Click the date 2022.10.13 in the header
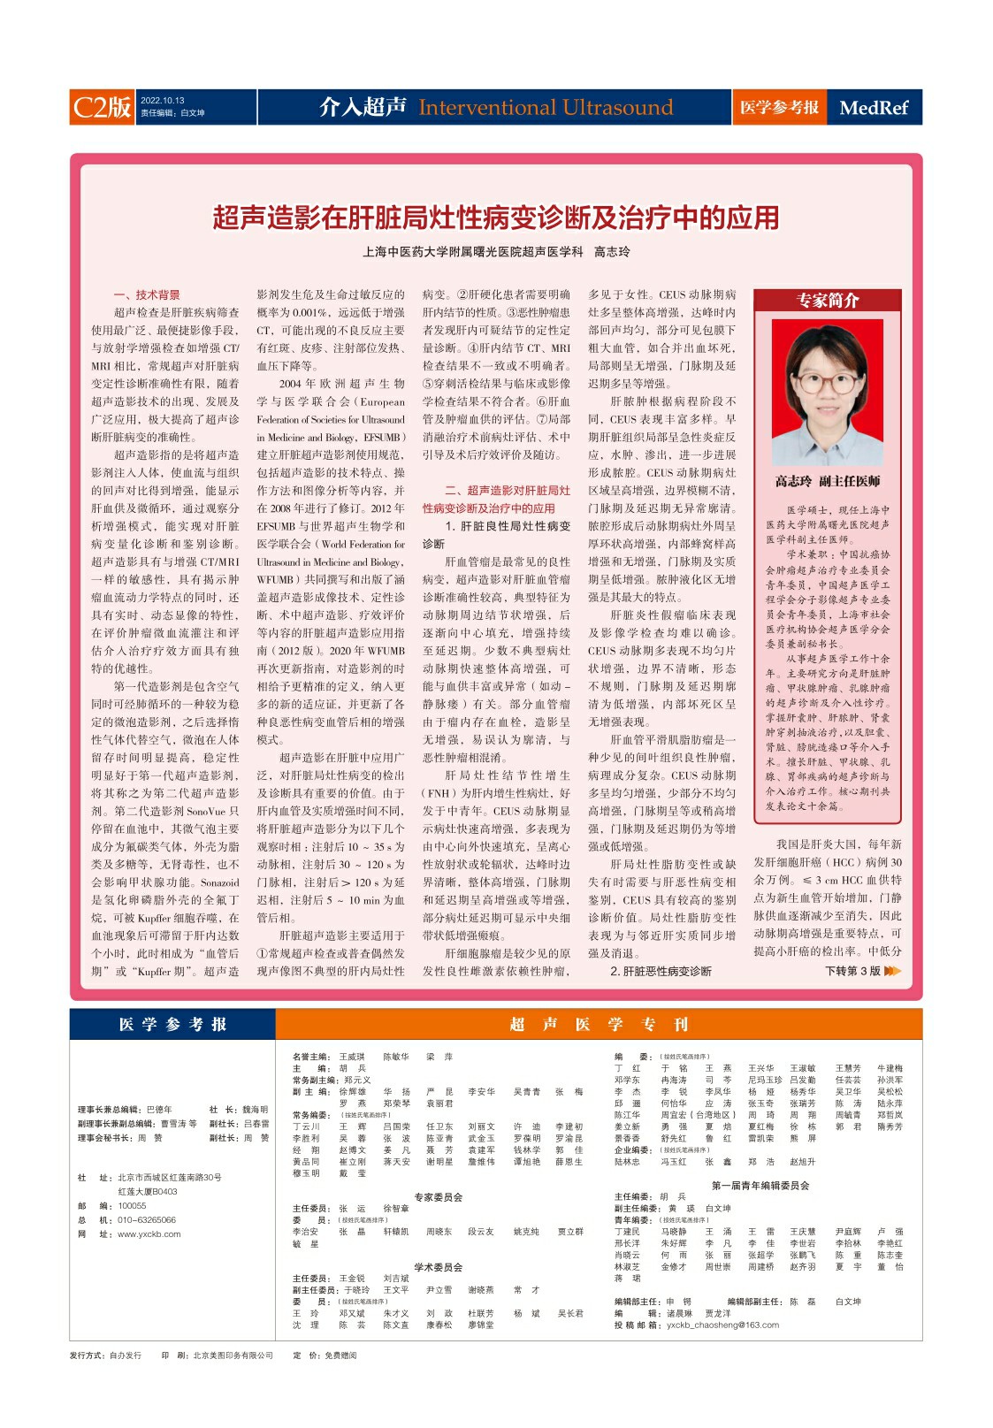click(163, 101)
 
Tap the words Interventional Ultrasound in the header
click(546, 108)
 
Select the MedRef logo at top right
click(874, 108)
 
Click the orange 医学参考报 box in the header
click(779, 108)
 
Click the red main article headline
click(496, 218)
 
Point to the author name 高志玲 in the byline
click(612, 252)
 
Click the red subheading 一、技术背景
click(147, 294)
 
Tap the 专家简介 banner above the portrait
click(827, 301)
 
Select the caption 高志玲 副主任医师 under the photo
click(827, 482)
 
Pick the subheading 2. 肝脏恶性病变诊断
click(661, 971)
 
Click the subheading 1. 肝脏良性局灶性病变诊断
click(496, 534)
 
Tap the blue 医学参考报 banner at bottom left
click(173, 1024)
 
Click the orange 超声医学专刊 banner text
click(599, 1024)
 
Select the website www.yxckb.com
click(149, 1233)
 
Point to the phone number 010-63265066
click(147, 1219)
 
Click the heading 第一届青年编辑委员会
click(760, 1185)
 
